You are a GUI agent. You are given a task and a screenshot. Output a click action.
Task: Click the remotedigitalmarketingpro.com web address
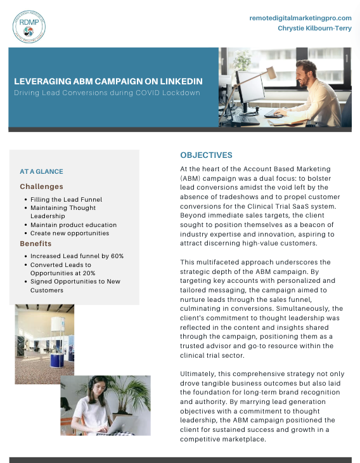[x=300, y=18]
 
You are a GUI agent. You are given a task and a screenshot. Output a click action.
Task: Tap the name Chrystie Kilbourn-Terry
[x=314, y=28]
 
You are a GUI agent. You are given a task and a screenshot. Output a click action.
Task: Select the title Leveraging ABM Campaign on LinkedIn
[x=108, y=82]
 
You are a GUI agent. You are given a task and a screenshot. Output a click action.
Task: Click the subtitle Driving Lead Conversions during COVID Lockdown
[x=107, y=93]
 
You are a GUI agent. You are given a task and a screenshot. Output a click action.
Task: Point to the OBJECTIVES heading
[x=206, y=155]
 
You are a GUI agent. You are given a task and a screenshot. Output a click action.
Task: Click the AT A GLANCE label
[x=41, y=171]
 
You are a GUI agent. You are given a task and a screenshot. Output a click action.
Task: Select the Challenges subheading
[x=41, y=186]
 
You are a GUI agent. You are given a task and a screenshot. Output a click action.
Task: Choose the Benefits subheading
[x=35, y=244]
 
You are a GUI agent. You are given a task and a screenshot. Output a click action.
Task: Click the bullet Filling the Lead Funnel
[x=66, y=200]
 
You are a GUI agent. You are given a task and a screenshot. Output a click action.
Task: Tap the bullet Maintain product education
[x=74, y=225]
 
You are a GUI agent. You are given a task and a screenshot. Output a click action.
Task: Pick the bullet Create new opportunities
[x=70, y=233]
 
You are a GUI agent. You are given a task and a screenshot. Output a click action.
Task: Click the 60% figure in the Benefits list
[x=115, y=256]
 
